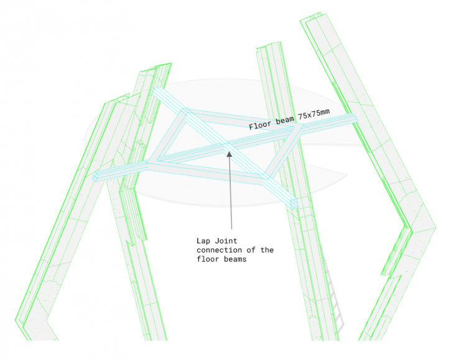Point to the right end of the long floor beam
(355, 117)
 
